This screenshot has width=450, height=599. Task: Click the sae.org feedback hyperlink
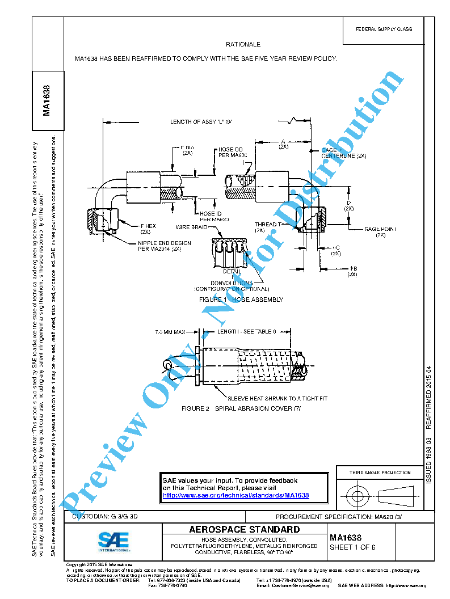coord(235,495)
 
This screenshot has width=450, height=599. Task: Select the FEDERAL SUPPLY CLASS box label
coord(384,29)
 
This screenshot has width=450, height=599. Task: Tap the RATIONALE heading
coord(243,44)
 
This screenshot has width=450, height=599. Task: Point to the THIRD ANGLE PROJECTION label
coord(380,473)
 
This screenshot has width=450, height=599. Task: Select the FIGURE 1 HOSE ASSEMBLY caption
coord(241,299)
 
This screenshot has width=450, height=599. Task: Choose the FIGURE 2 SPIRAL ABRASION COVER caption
coord(241,408)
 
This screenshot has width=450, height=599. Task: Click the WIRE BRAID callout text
coord(191,227)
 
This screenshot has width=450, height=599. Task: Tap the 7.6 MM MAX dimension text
coord(170,331)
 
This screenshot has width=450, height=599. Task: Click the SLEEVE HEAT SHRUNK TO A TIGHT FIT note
coord(277,398)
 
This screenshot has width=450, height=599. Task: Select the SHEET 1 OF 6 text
coord(352,547)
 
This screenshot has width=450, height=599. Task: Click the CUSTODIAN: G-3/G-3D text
coord(106,517)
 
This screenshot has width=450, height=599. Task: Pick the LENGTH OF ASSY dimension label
coord(201,121)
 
